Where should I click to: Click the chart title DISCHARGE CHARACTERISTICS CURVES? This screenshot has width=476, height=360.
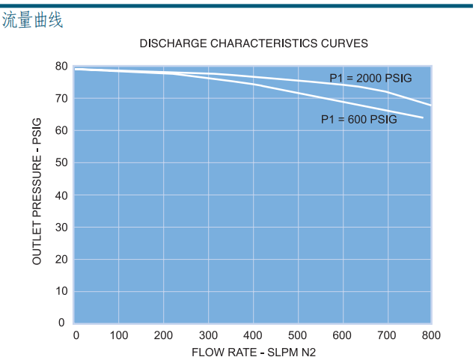tap(254, 43)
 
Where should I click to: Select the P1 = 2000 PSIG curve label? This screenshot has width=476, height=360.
tap(370, 78)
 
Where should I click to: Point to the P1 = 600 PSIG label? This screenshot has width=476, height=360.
tap(359, 119)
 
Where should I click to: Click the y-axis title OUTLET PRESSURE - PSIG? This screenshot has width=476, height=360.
tap(37, 192)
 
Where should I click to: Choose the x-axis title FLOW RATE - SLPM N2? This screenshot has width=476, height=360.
tap(254, 352)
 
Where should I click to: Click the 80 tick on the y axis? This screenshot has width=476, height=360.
tap(61, 67)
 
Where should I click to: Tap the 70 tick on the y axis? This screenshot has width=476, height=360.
tap(61, 99)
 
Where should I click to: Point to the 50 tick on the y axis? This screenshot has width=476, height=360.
tap(61, 162)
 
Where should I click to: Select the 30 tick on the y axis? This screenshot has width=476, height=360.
tap(61, 227)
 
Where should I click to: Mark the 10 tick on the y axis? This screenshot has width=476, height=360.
tap(61, 291)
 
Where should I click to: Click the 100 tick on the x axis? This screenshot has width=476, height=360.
tap(119, 335)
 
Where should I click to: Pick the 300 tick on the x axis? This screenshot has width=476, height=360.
tap(209, 335)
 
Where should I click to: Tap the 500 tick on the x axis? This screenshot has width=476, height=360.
tap(298, 335)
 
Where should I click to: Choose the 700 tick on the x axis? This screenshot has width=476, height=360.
tap(387, 335)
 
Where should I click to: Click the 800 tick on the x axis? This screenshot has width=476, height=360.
tap(431, 335)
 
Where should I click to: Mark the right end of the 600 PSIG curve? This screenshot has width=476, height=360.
tap(423, 118)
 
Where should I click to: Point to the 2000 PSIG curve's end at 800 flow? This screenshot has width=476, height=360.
tap(431, 105)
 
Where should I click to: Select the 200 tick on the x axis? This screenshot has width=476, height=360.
tap(164, 335)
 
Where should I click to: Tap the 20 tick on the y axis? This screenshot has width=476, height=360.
tap(61, 259)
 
